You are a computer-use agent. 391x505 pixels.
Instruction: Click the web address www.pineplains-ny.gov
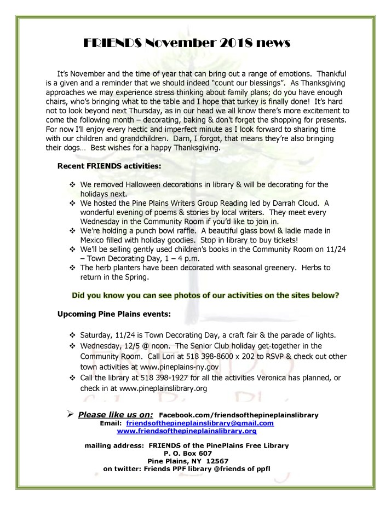(x=196, y=365)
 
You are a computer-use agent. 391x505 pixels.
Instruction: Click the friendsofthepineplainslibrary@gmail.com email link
(x=200, y=423)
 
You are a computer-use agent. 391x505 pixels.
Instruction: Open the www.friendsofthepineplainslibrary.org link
(x=195, y=431)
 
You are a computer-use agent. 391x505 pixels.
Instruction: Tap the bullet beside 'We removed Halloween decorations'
(x=72, y=184)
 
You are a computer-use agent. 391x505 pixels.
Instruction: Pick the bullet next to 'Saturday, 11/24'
(x=72, y=334)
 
